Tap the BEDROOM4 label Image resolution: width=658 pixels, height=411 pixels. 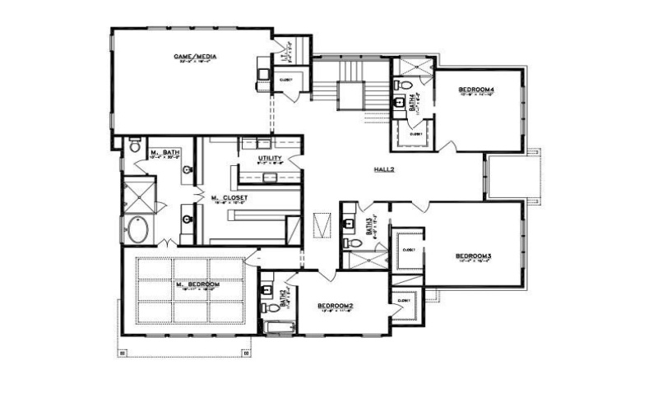(x=475, y=89)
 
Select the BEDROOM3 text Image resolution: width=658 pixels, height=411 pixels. (x=473, y=256)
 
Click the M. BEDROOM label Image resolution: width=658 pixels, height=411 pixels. (x=198, y=284)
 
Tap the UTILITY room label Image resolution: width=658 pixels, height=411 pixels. (x=270, y=158)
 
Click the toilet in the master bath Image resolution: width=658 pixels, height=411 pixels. (x=136, y=148)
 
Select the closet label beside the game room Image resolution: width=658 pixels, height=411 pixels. (x=286, y=80)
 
